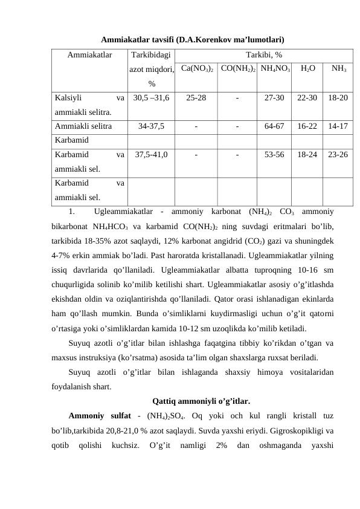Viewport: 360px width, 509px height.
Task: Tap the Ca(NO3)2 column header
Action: (196, 69)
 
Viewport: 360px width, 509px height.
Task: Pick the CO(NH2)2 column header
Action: (238, 69)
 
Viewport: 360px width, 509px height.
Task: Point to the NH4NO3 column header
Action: (275, 69)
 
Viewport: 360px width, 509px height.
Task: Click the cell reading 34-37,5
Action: (151, 127)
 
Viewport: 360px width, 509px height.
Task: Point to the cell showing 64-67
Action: (275, 127)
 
